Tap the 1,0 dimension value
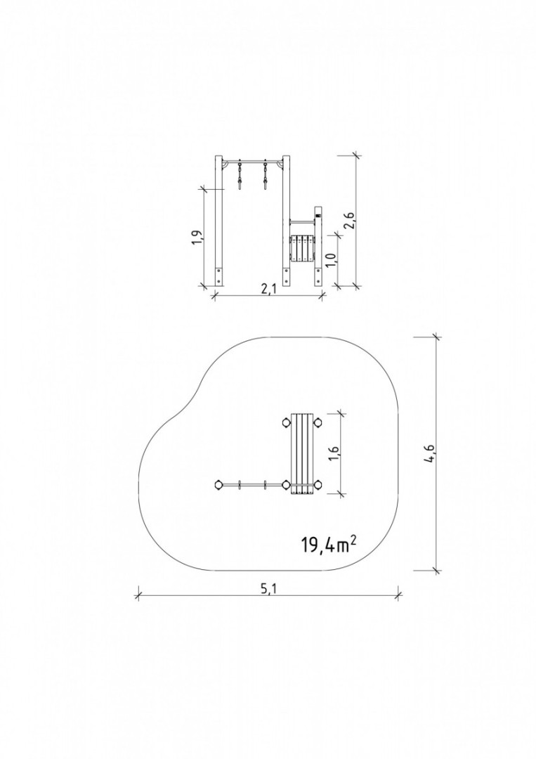tap(331, 259)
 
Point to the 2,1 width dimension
tap(267, 289)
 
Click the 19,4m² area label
tap(330, 545)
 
